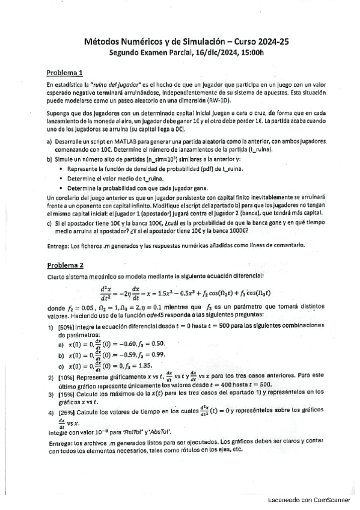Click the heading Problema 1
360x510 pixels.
coord(65,71)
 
